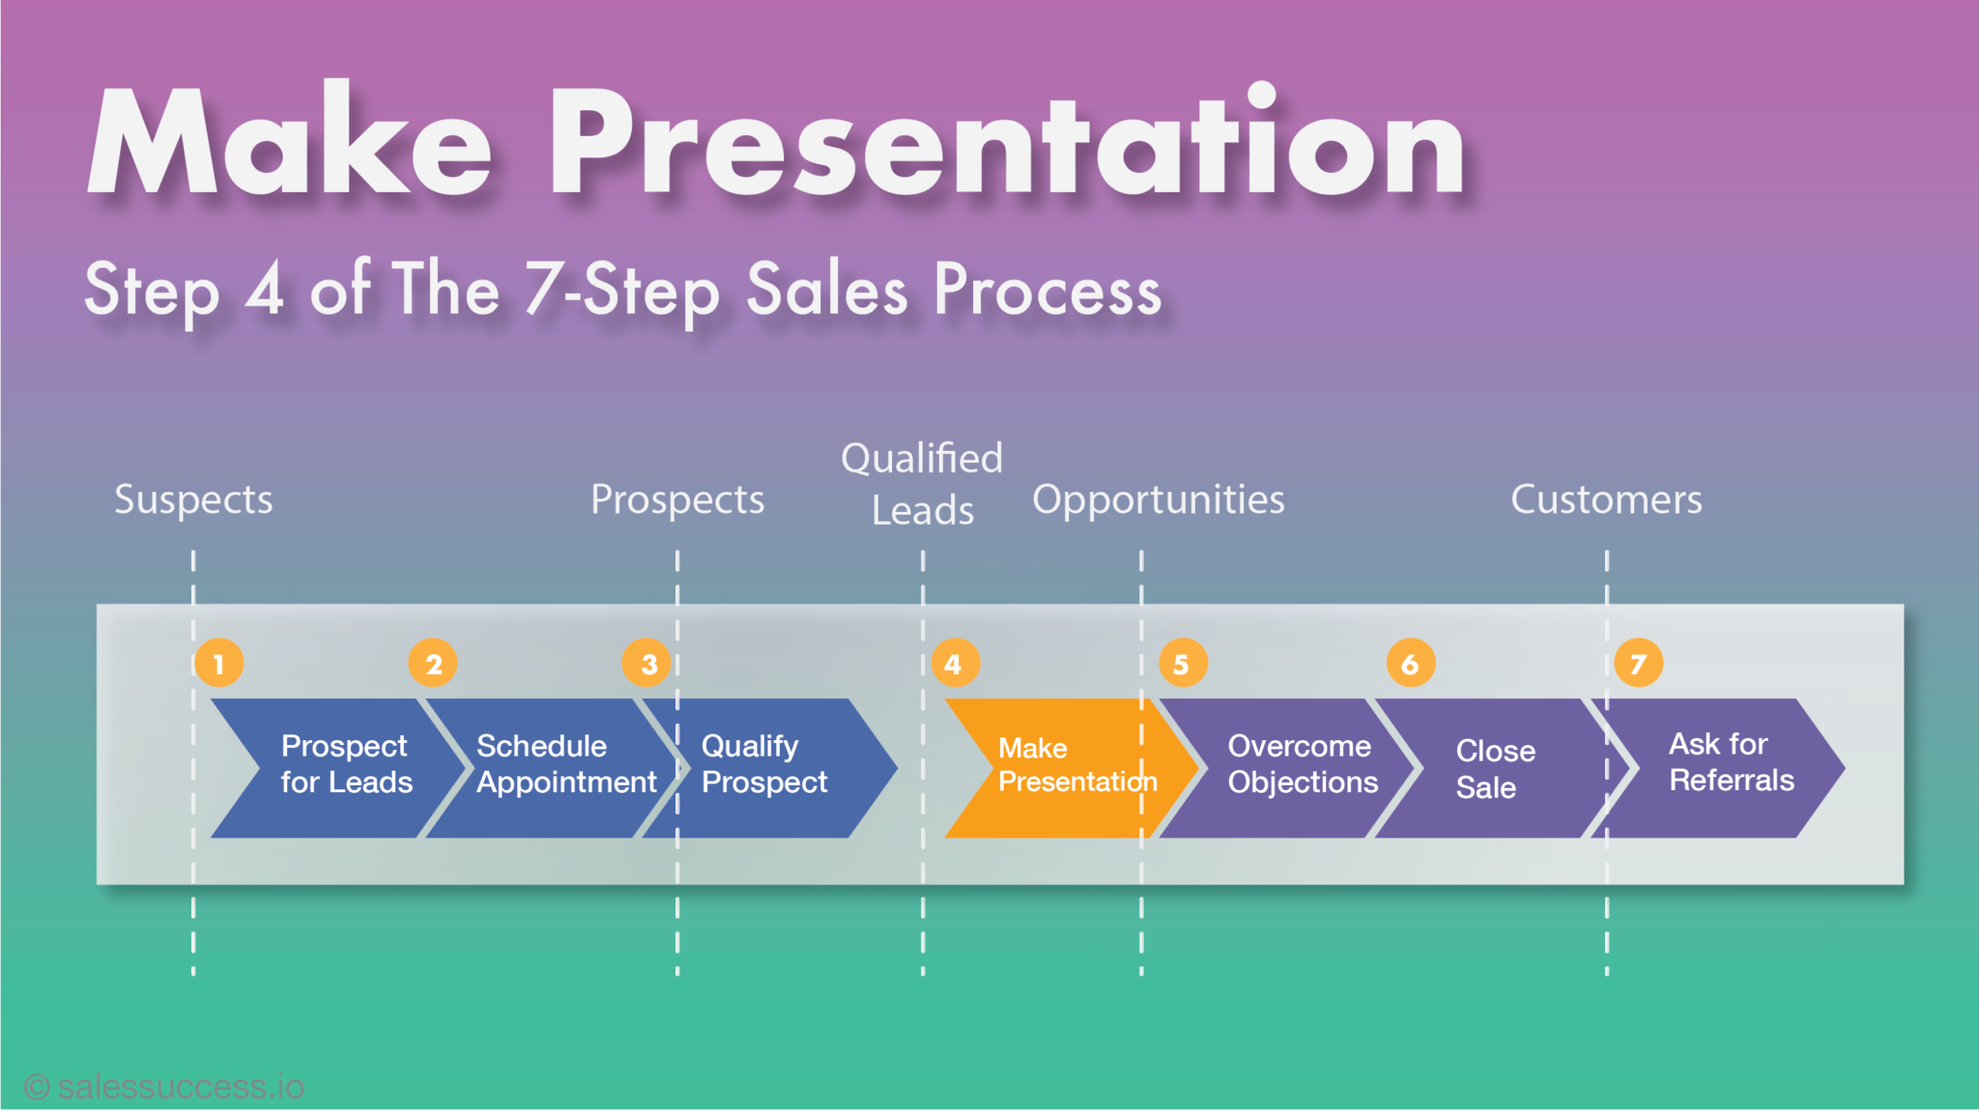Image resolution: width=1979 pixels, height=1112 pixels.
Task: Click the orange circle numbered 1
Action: (218, 663)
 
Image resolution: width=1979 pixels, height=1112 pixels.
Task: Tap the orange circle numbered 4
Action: (955, 663)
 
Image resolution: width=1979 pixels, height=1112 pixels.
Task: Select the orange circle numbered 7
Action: (1639, 663)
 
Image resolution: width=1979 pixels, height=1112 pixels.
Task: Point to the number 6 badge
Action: (1410, 663)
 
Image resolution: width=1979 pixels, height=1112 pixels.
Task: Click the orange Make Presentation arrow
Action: (1063, 767)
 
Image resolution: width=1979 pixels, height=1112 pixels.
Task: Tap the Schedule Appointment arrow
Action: (556, 767)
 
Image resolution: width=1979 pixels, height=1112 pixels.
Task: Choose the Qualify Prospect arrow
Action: (773, 767)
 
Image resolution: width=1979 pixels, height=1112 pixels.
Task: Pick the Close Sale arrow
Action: (1493, 767)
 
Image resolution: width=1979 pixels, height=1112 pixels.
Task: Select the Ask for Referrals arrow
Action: (1725, 767)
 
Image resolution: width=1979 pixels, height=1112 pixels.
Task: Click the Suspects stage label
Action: (193, 500)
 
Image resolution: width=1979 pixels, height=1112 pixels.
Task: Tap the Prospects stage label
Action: (677, 500)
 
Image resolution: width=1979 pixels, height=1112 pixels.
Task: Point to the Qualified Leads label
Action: (922, 483)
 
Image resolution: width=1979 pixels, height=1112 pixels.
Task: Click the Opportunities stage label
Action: (1158, 500)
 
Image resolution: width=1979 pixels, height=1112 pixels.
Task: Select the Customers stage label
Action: (1606, 500)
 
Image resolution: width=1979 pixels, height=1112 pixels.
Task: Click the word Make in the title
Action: (290, 145)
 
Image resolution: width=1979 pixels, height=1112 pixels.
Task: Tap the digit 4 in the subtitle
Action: (265, 288)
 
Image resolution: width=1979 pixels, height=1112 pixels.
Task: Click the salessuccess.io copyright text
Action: (164, 1087)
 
